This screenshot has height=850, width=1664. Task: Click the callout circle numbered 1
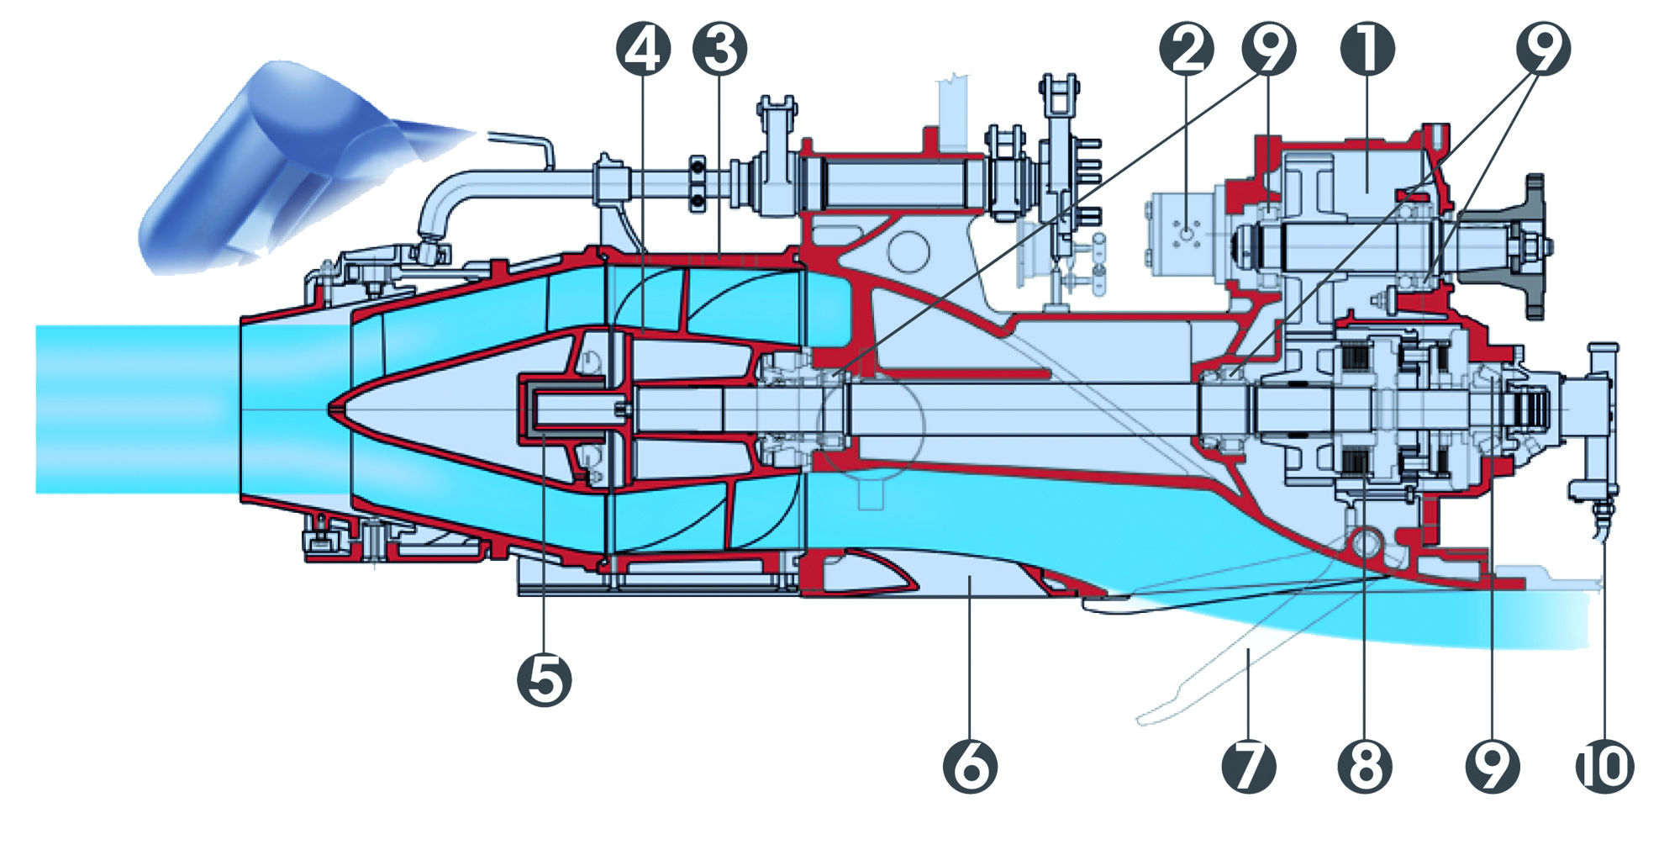(x=1367, y=48)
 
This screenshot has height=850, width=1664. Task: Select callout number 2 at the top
(x=1186, y=48)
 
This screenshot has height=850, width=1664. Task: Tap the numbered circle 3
(x=719, y=48)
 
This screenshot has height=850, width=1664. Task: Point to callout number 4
(x=643, y=48)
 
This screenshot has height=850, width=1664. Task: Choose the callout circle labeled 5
(x=545, y=679)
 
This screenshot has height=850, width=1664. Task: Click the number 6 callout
(x=970, y=765)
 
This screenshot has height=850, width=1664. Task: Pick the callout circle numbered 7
(x=1248, y=765)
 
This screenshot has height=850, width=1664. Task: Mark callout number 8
(x=1365, y=765)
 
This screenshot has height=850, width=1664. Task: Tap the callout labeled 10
(x=1603, y=765)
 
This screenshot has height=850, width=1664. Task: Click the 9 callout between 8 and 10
(x=1492, y=765)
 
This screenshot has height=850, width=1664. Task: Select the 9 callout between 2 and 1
(x=1268, y=48)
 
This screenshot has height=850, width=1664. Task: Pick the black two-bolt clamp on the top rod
(x=697, y=182)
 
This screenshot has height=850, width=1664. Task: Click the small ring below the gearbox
(x=1365, y=543)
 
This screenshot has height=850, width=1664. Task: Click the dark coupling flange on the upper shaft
(x=1533, y=245)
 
